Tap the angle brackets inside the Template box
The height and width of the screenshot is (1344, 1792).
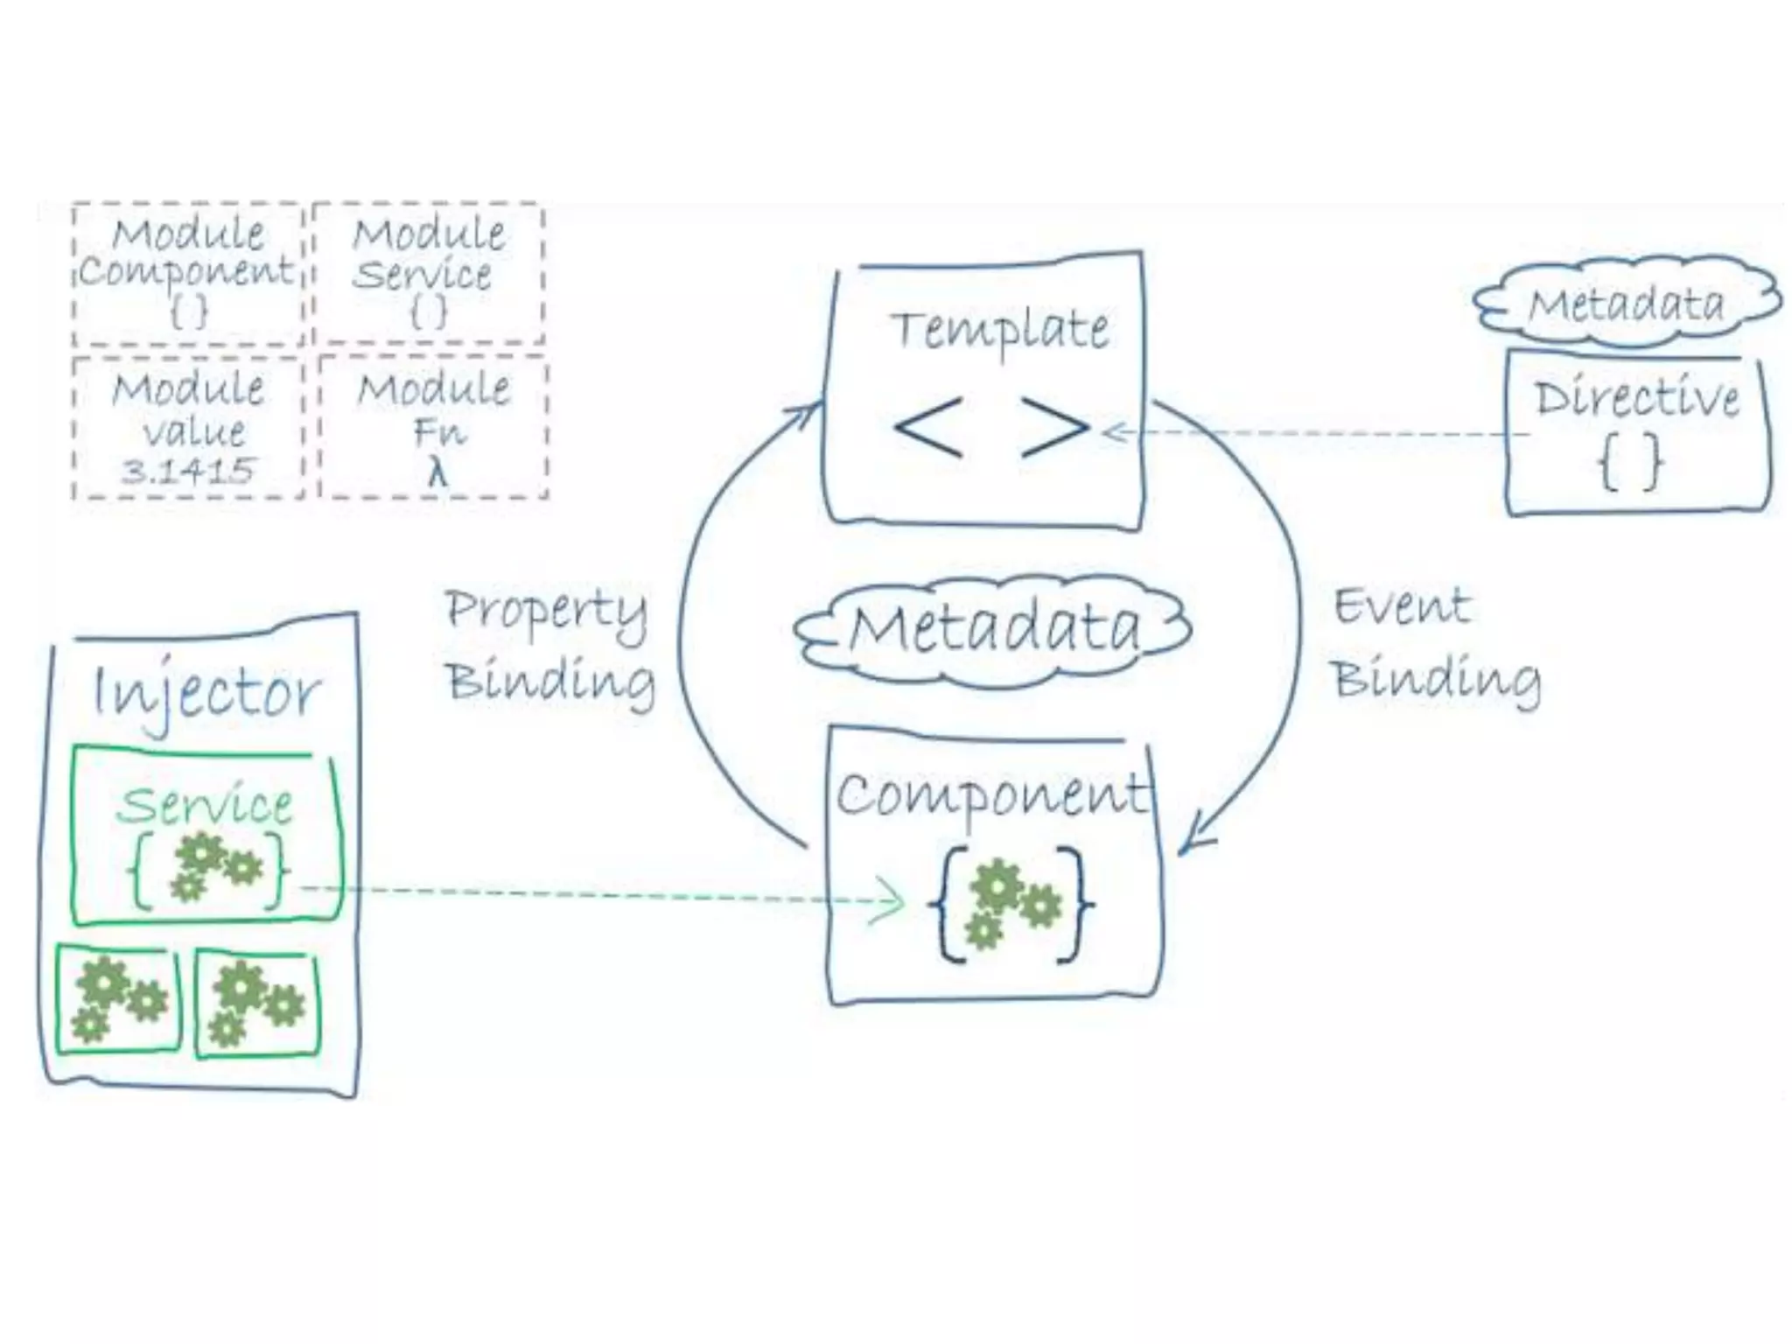tap(991, 428)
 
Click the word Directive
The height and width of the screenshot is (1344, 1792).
tap(1636, 399)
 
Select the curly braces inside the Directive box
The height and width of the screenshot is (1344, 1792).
tap(1630, 463)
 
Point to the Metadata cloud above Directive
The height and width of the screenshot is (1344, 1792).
tap(1626, 304)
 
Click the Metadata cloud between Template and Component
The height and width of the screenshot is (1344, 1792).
tap(994, 629)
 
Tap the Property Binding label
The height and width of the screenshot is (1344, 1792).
tap(549, 646)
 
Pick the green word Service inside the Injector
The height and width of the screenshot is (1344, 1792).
tap(205, 805)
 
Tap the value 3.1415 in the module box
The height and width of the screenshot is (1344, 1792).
tap(187, 472)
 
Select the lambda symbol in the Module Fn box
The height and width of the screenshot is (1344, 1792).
tap(437, 473)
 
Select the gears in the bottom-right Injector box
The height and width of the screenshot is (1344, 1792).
tap(257, 1003)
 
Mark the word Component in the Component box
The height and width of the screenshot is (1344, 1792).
tap(990, 794)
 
